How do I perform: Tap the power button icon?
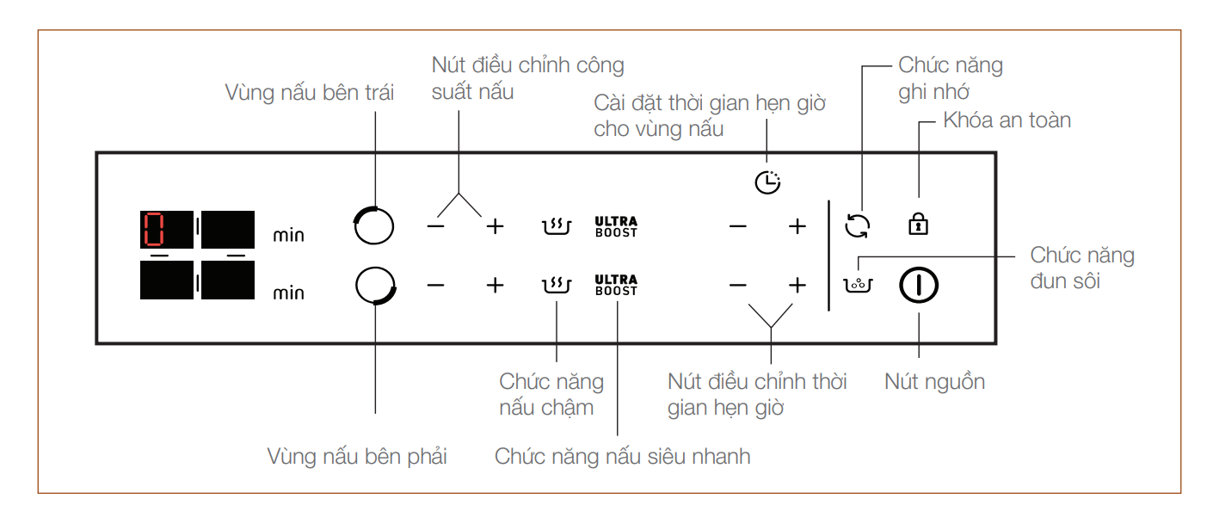click(919, 285)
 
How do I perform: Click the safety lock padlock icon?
click(919, 224)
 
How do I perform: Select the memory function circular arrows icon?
click(858, 225)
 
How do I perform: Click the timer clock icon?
click(767, 182)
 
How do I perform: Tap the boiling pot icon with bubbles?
click(858, 285)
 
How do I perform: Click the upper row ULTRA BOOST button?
click(616, 226)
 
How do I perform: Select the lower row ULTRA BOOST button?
click(616, 285)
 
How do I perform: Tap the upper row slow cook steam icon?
click(557, 225)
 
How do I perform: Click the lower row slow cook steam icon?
click(557, 285)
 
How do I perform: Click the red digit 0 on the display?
click(153, 229)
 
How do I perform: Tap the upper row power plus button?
click(495, 225)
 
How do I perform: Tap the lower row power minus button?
click(436, 285)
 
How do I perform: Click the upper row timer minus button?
click(738, 225)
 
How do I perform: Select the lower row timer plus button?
click(797, 285)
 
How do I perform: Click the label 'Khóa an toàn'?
click(1007, 120)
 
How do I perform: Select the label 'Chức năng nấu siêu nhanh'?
click(622, 457)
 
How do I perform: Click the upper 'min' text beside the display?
click(288, 235)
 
